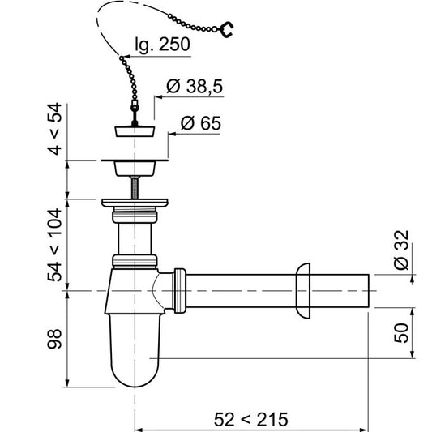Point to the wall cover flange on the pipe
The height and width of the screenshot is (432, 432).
pos(304,290)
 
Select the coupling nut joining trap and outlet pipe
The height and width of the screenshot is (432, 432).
pos(180,289)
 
